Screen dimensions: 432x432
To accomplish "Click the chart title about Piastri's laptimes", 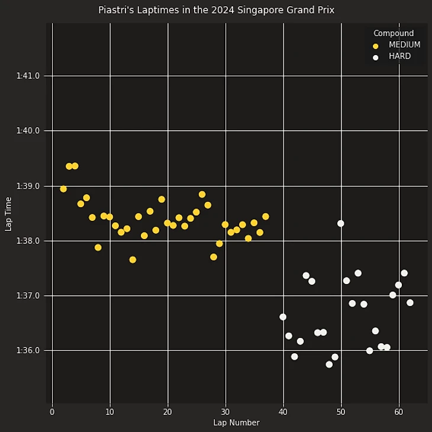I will pos(216,10).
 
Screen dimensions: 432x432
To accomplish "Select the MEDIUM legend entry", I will pos(404,45).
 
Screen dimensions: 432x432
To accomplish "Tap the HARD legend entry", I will pos(399,56).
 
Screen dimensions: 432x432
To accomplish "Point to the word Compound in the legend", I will pos(394,33).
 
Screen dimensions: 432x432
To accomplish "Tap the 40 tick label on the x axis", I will pos(283,412).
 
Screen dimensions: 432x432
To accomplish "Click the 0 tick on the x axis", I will pos(52,412).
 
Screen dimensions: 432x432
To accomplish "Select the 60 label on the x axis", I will pos(398,412).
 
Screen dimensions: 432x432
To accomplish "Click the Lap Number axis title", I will pos(236,423).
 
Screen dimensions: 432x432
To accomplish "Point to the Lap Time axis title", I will pos(8,214).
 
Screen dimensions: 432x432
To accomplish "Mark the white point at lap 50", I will pos(341,224).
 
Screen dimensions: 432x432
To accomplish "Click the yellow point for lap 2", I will pos(63,189).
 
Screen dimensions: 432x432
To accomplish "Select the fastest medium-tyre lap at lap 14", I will pos(133,260).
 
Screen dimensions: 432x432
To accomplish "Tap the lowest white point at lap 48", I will pos(329,365).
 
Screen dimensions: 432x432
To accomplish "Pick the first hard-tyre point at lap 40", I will pos(283,317).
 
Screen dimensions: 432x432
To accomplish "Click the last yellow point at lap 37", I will pos(266,217).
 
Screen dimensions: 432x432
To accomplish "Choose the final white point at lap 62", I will pos(410,302).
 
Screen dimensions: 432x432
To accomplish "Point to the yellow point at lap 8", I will pos(98,247).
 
